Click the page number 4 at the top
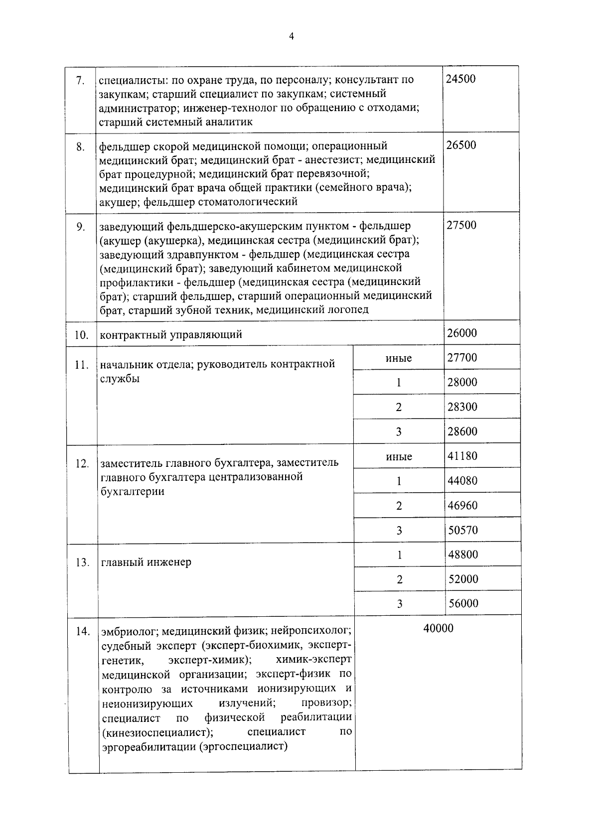[292, 36]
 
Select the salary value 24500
[460, 79]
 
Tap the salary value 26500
[461, 145]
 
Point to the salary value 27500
[461, 225]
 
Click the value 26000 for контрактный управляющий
[462, 333]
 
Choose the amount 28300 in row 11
[462, 407]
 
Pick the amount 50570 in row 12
[463, 530]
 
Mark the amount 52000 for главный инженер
[463, 579]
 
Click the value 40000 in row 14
[439, 628]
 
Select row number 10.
[82, 335]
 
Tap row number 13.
[83, 562]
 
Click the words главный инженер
[146, 562]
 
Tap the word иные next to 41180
[399, 456]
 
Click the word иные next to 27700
[399, 358]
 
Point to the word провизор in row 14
[326, 703]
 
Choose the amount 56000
[463, 603]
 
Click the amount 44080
[462, 481]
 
